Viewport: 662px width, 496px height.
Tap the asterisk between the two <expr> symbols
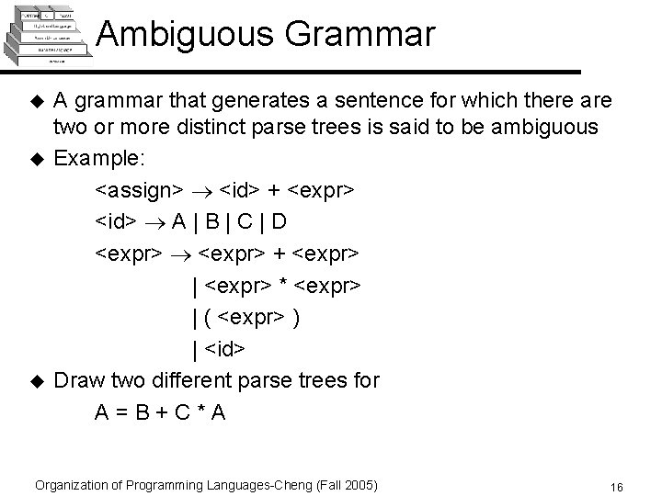(284, 286)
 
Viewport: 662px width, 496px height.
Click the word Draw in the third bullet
(78, 379)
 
